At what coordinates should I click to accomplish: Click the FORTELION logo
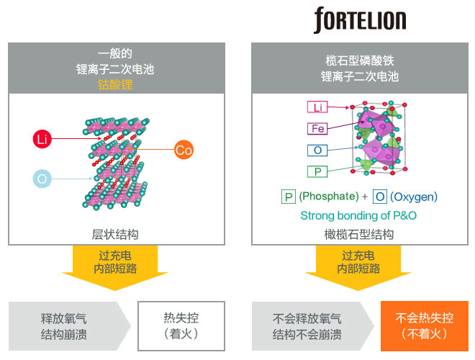click(x=359, y=20)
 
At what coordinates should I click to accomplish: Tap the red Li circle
click(x=43, y=138)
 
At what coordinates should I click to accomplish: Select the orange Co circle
click(x=184, y=150)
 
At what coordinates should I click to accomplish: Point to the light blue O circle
click(x=43, y=178)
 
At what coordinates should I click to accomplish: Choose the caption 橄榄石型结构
click(x=359, y=234)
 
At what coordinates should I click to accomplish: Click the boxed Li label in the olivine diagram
click(x=317, y=107)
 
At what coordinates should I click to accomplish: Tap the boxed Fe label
click(x=317, y=129)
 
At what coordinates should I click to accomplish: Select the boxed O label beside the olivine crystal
click(x=317, y=150)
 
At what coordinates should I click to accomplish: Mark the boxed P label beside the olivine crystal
click(x=317, y=171)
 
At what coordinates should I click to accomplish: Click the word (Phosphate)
click(x=329, y=197)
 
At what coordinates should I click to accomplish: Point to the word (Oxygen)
click(x=414, y=197)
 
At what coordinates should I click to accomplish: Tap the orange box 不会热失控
click(x=424, y=325)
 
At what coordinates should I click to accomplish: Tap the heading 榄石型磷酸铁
click(x=359, y=61)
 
